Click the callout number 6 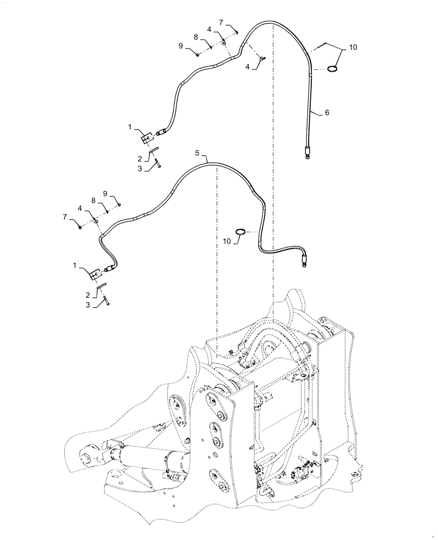327,113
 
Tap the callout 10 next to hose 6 353,48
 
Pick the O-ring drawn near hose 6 333,68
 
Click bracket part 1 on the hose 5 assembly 95,274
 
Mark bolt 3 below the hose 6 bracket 156,162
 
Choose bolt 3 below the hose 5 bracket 105,300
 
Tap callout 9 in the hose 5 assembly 105,194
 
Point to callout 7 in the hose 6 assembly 221,23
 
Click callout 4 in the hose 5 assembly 80,208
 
